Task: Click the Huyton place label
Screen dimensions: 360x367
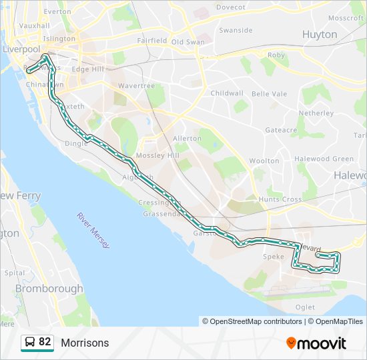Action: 320,34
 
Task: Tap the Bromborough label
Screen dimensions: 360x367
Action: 49,289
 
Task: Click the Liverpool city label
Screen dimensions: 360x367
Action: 21,49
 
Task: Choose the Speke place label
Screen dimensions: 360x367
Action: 274,257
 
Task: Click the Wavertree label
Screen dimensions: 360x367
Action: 136,86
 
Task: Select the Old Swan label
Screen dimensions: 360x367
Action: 188,41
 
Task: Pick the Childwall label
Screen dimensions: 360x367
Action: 227,93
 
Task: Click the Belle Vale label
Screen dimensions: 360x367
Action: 270,94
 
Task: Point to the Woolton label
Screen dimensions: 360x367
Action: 264,161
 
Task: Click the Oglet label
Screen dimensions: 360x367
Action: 304,307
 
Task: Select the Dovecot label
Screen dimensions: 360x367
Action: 231,7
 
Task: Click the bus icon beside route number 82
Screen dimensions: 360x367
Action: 29,342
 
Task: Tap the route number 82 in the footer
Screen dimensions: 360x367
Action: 45,342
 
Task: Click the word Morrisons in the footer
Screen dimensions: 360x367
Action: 85,343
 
